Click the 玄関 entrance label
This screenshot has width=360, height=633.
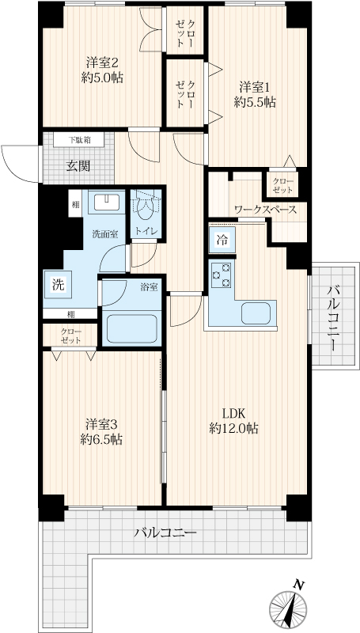pyautogui.click(x=78, y=166)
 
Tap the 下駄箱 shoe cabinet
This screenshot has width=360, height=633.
pyautogui.click(x=79, y=140)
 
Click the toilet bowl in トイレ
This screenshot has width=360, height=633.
pyautogui.click(x=146, y=207)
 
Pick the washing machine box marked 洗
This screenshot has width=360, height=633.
pyautogui.click(x=58, y=285)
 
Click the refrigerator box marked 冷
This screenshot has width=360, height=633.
pyautogui.click(x=222, y=241)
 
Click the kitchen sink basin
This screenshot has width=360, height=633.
pyautogui.click(x=256, y=313)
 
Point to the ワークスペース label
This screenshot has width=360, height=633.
pyautogui.click(x=266, y=210)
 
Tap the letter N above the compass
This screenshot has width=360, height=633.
pyautogui.click(x=298, y=584)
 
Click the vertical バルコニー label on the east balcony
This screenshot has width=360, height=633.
pyautogui.click(x=333, y=318)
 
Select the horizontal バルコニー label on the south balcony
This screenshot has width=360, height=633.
pyautogui.click(x=165, y=533)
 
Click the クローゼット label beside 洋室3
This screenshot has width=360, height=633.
pyautogui.click(x=71, y=335)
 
